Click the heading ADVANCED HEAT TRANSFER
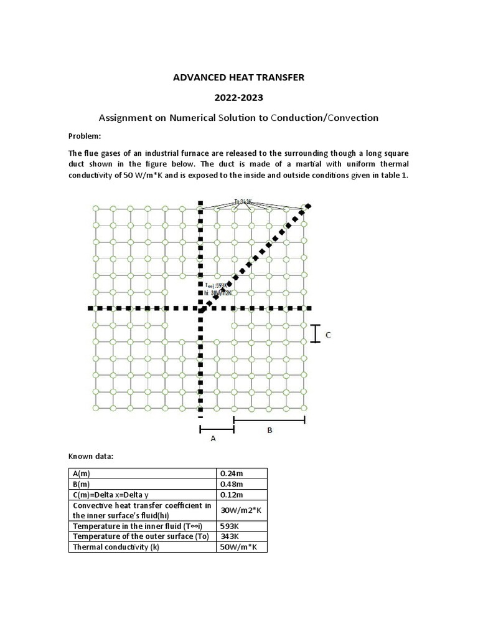239,77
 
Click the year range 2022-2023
239,97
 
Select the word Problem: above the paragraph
84,136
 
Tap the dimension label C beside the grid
328,335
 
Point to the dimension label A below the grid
213,439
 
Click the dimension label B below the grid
269,430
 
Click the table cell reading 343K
228,536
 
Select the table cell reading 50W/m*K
239,547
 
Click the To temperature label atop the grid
243,202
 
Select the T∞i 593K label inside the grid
218,286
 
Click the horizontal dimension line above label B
269,421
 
